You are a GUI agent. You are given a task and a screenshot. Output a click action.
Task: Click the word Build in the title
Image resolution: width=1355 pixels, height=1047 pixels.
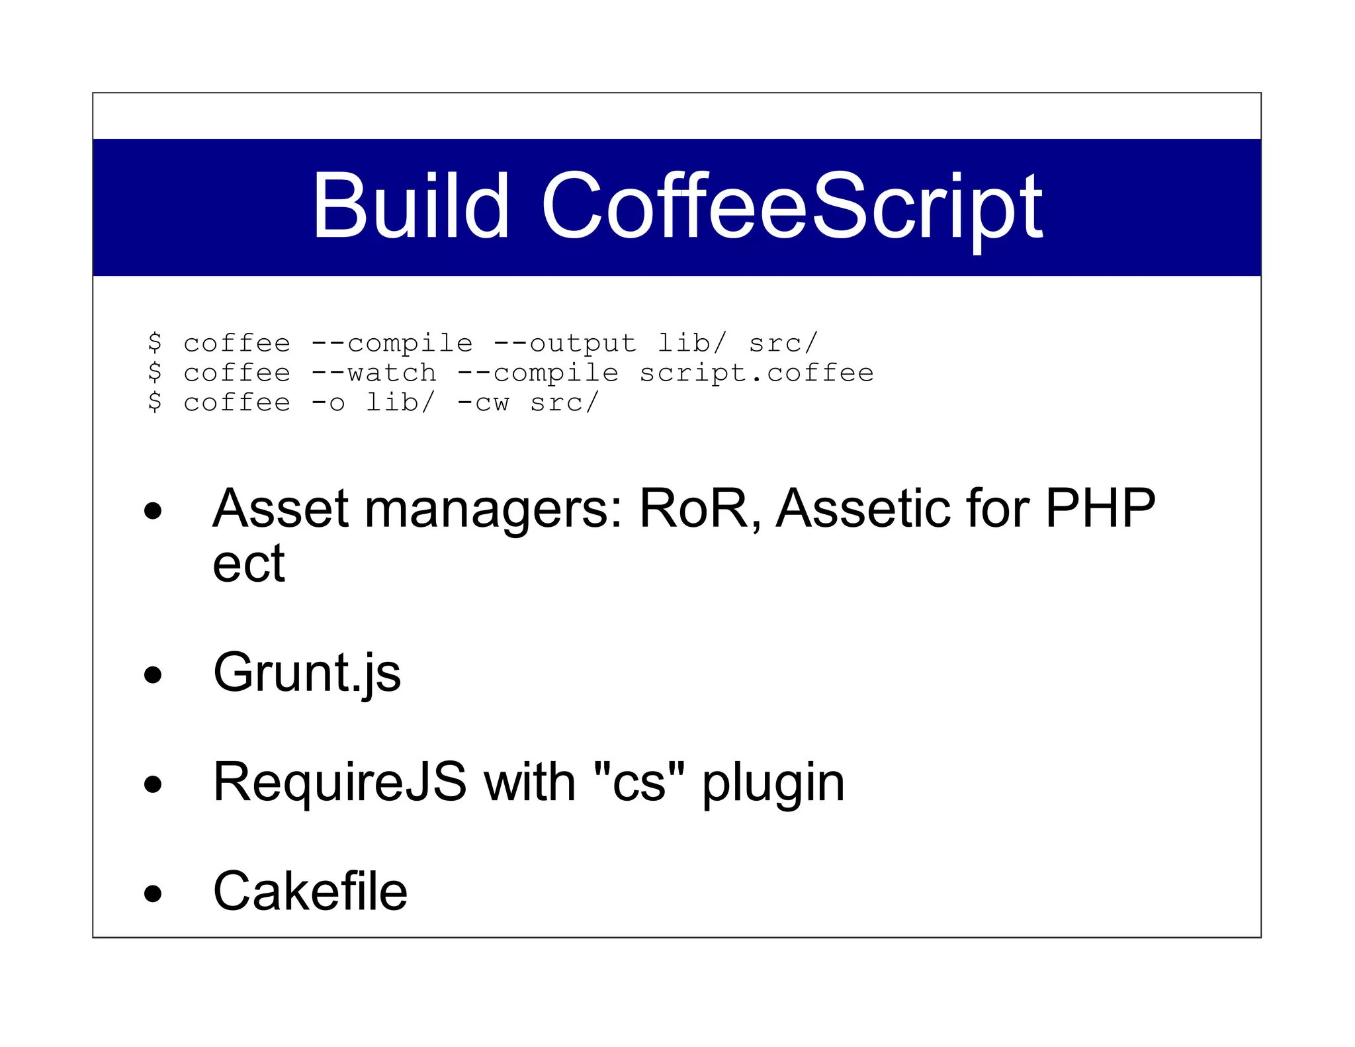410,206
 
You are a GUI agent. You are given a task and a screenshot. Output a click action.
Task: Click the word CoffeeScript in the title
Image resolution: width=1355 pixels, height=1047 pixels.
792,207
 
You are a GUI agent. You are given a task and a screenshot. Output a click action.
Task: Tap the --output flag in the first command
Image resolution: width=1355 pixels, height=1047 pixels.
564,343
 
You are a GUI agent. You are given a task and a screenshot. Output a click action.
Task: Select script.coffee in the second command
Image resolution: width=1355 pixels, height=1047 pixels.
756,373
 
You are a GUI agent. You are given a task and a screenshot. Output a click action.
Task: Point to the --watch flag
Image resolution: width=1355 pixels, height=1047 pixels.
373,373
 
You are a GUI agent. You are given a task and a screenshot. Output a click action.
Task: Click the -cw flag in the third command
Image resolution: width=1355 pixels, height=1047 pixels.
483,402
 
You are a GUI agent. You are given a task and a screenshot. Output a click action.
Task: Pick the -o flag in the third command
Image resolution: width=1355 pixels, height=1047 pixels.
328,402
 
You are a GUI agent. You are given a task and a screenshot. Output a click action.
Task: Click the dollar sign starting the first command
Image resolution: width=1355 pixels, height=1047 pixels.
155,343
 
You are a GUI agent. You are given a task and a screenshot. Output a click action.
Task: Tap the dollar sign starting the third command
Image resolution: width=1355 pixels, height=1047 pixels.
155,402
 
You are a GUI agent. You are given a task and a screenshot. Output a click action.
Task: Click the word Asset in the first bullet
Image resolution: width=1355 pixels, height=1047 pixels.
280,509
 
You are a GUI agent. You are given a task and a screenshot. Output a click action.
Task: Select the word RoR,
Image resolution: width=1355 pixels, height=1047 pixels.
700,509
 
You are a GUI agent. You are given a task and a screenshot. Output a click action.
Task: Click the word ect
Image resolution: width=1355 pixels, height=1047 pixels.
248,565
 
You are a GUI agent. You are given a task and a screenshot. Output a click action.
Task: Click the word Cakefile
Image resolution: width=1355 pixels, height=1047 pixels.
310,891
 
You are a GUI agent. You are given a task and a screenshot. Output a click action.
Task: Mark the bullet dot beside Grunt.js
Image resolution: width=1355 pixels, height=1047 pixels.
153,675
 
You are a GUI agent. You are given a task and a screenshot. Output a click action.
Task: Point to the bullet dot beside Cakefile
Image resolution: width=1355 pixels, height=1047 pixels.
153,893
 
